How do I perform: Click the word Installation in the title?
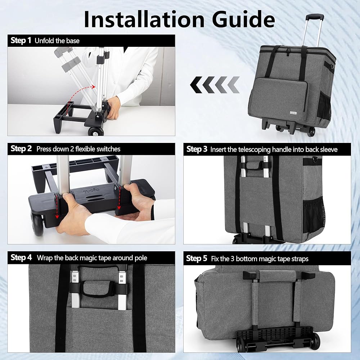144,19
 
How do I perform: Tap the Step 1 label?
21,40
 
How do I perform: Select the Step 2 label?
21,149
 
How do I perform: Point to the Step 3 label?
197,149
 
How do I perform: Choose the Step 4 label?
21,257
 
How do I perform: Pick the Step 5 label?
197,258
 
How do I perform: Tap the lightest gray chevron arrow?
233,85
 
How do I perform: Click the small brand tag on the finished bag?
293,113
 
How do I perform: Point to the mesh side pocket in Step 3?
313,216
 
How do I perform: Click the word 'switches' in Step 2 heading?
108,149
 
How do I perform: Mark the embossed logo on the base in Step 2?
91,190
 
